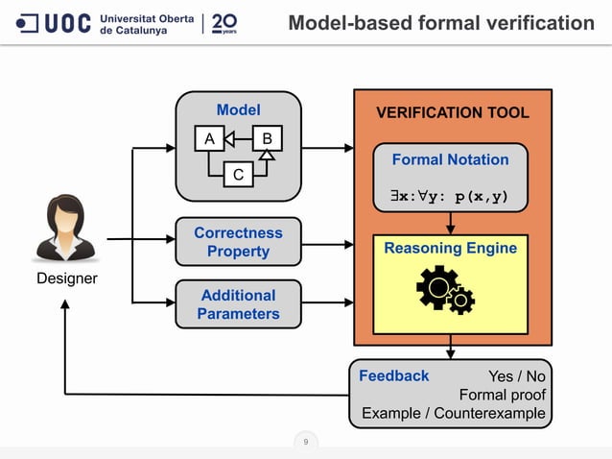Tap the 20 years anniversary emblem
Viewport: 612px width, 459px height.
point(224,22)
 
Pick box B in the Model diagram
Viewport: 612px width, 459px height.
point(266,140)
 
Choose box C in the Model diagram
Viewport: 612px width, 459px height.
point(237,175)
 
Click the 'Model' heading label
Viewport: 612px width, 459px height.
point(238,109)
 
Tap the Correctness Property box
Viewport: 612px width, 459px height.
point(238,242)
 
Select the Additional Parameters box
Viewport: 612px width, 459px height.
point(238,304)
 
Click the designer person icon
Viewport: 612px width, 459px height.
point(66,230)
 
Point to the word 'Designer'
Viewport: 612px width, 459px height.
point(67,279)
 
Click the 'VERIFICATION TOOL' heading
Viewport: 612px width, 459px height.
point(452,113)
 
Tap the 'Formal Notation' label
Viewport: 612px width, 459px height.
point(451,159)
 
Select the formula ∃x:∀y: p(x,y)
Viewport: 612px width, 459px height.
point(451,198)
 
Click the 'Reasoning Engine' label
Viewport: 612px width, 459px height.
point(451,249)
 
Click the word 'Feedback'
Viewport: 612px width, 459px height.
point(393,376)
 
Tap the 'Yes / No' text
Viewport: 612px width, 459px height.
point(516,377)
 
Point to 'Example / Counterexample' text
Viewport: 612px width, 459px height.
point(453,414)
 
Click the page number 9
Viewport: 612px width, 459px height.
point(305,443)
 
